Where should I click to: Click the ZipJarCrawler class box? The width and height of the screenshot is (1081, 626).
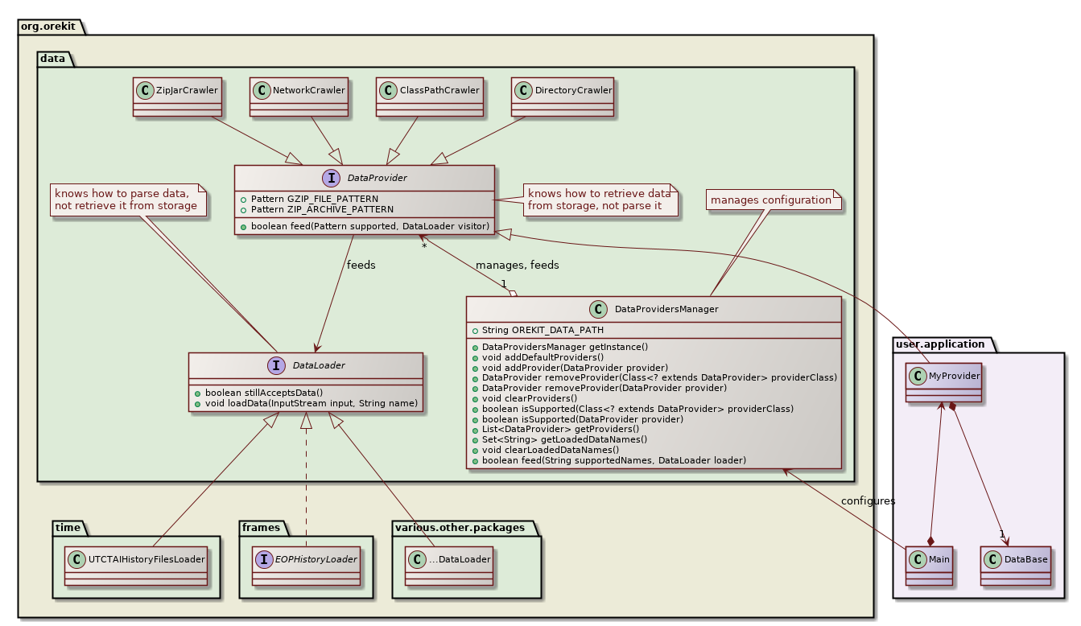click(x=177, y=97)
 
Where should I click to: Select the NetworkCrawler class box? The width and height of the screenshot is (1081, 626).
click(x=299, y=97)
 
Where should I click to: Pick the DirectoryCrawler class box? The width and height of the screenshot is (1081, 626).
click(x=562, y=97)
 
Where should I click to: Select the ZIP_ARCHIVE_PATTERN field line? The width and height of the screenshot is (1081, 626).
click(x=322, y=209)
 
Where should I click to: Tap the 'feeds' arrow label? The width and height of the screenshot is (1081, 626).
click(x=361, y=265)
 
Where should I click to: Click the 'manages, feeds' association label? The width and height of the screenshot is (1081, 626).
click(x=517, y=265)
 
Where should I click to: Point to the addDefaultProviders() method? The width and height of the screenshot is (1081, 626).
click(x=542, y=356)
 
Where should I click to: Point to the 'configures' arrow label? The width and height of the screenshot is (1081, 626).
click(x=868, y=501)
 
